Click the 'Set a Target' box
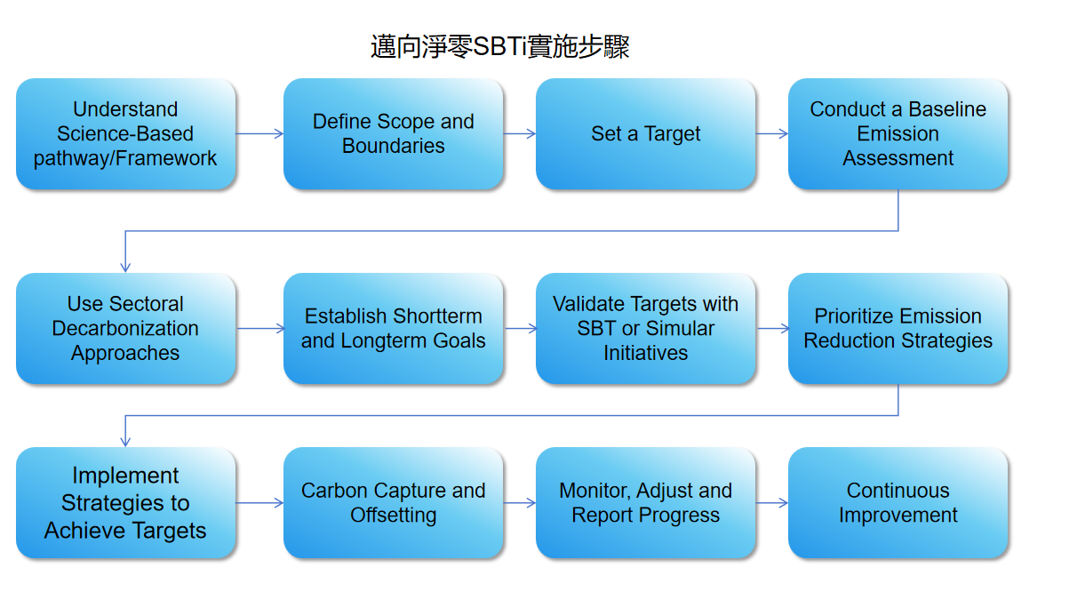click(645, 133)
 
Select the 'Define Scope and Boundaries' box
click(394, 133)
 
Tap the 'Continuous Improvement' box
click(897, 502)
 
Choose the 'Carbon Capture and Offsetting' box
click(394, 502)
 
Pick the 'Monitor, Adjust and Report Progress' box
click(645, 502)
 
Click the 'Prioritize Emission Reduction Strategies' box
click(897, 328)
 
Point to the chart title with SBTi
click(500, 47)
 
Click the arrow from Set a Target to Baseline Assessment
click(771, 133)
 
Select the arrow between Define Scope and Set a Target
click(520, 133)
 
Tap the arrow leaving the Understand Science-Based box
click(259, 133)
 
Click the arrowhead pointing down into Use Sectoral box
click(125, 268)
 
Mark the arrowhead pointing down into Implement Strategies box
click(125, 442)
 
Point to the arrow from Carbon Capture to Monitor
click(520, 502)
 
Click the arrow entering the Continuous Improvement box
click(771, 502)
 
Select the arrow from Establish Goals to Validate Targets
click(521, 328)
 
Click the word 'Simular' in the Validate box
click(681, 328)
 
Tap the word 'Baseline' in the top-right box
click(947, 109)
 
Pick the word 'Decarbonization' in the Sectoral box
click(125, 328)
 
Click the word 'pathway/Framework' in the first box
click(125, 158)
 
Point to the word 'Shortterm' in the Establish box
click(437, 316)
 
